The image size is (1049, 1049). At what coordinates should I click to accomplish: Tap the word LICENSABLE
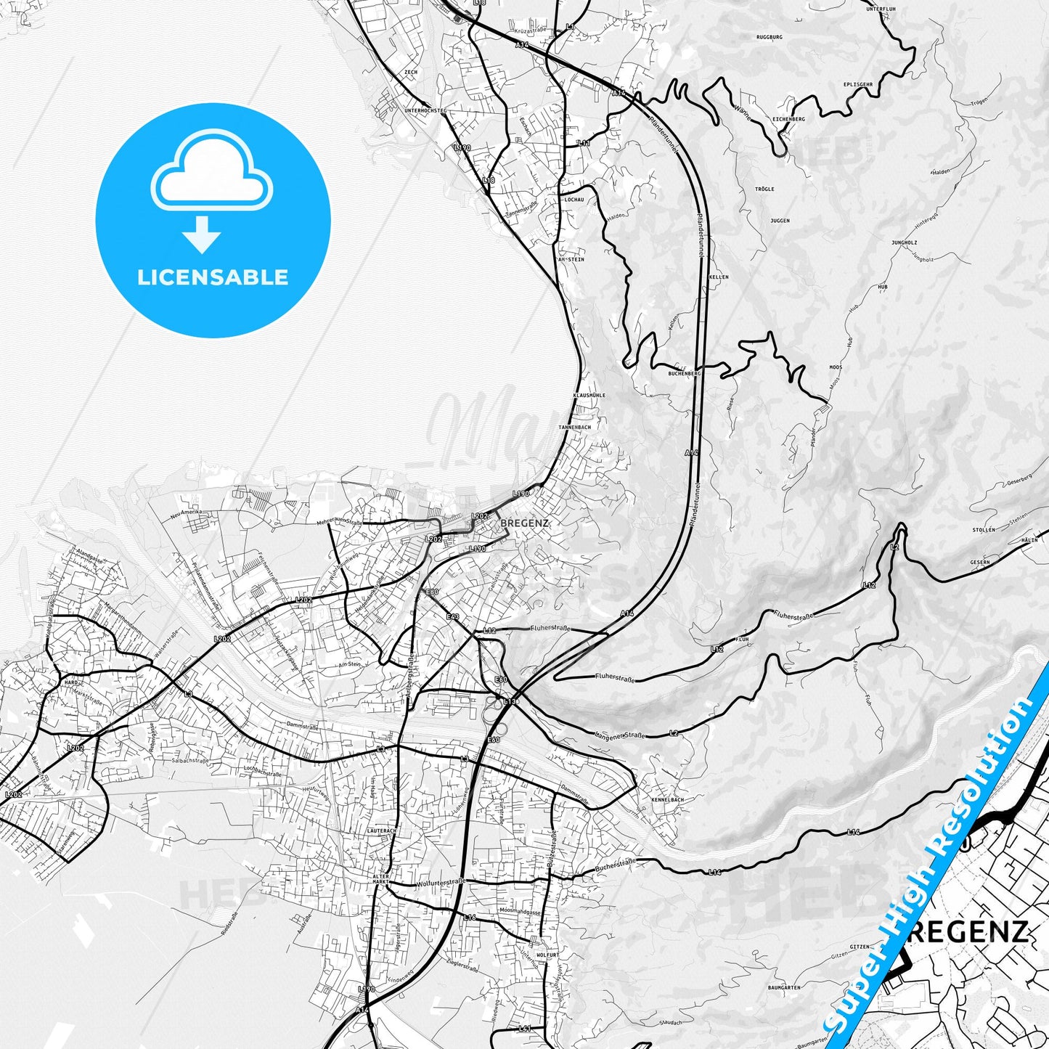(213, 277)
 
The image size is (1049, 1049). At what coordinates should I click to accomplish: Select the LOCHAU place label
(574, 199)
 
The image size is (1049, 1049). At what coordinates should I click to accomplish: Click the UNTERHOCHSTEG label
(425, 110)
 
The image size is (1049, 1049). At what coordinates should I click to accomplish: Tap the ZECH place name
(411, 73)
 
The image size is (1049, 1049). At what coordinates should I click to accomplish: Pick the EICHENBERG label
(788, 119)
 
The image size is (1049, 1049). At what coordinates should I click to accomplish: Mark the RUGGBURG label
(770, 37)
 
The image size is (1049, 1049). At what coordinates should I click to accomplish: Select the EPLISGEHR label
(858, 85)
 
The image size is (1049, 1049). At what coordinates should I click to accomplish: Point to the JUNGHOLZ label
(905, 242)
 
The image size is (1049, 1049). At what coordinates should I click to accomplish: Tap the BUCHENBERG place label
(685, 373)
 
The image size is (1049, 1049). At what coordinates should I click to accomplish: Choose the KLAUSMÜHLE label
(589, 396)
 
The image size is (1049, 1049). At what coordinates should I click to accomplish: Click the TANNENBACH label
(574, 428)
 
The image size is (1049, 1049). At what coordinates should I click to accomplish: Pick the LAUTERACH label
(383, 830)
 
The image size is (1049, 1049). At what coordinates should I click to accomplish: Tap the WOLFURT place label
(547, 955)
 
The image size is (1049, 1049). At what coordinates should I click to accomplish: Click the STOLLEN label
(984, 530)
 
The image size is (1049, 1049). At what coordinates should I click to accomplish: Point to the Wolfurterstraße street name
(441, 883)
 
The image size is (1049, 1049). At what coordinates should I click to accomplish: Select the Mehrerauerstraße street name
(339, 521)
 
